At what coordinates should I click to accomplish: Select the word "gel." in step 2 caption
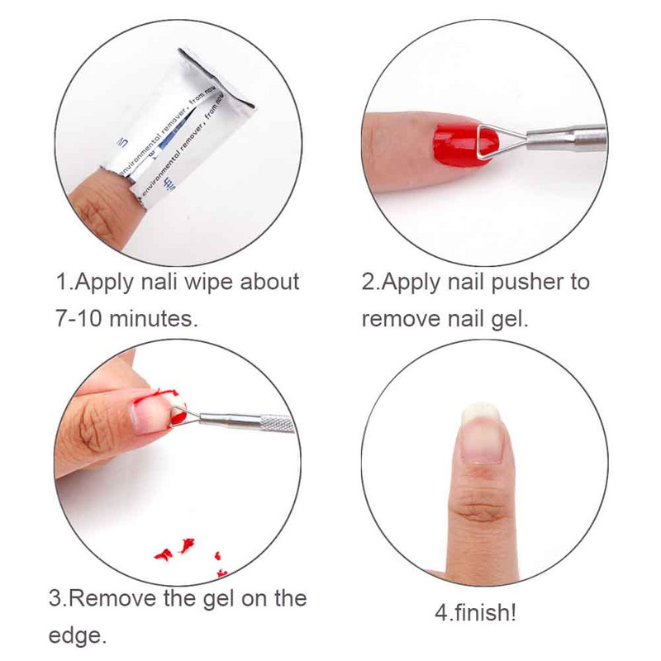point(506,318)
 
